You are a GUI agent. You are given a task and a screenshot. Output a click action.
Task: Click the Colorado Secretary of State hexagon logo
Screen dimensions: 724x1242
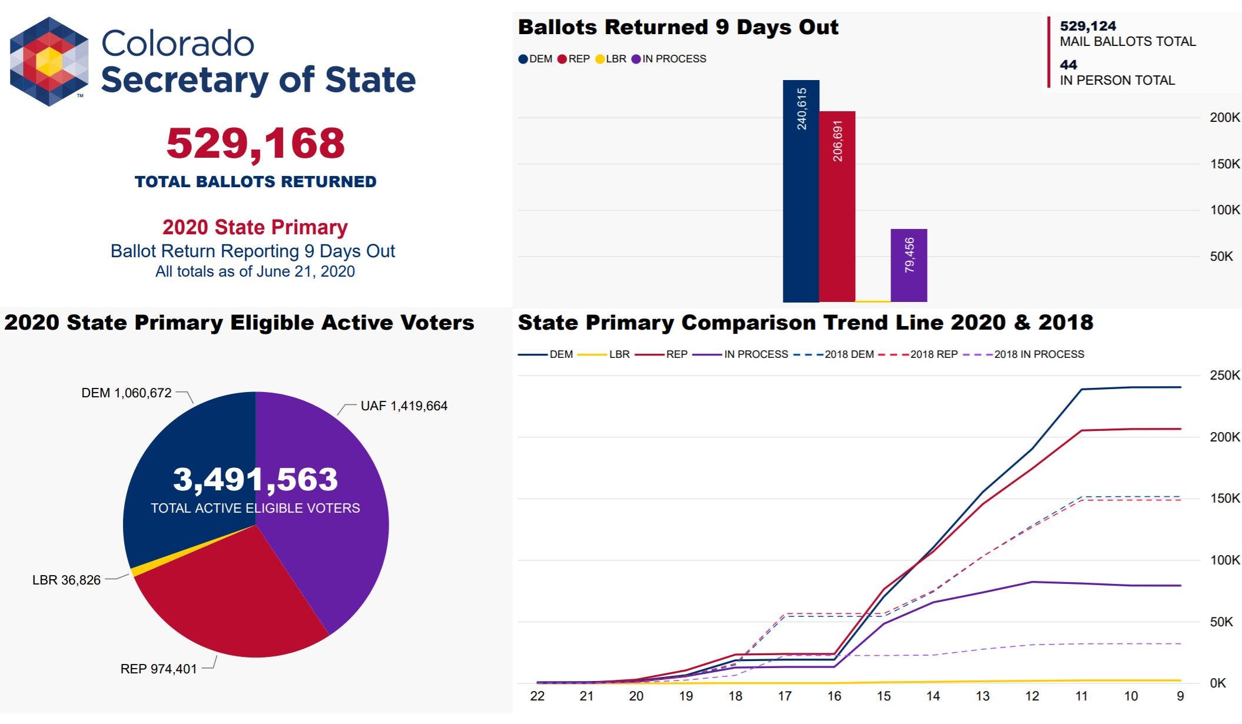(49, 61)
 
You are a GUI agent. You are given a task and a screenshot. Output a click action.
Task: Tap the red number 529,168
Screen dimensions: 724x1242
(255, 143)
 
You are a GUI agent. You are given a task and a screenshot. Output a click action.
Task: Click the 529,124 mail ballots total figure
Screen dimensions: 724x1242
(1088, 26)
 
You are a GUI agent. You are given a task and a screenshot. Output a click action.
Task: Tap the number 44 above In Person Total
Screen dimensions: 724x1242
(1068, 65)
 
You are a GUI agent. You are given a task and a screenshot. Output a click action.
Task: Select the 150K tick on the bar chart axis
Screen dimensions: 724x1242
(1224, 164)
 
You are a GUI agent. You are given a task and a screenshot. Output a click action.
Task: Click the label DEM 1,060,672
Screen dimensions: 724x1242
(127, 393)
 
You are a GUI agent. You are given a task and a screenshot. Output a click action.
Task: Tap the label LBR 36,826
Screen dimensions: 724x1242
(67, 580)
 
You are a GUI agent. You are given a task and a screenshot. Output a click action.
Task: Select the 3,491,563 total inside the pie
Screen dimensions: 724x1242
(255, 479)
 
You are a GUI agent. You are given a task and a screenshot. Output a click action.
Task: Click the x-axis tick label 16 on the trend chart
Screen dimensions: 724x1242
(834, 696)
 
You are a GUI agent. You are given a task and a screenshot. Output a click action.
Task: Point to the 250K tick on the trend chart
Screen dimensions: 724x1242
(1224, 375)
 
